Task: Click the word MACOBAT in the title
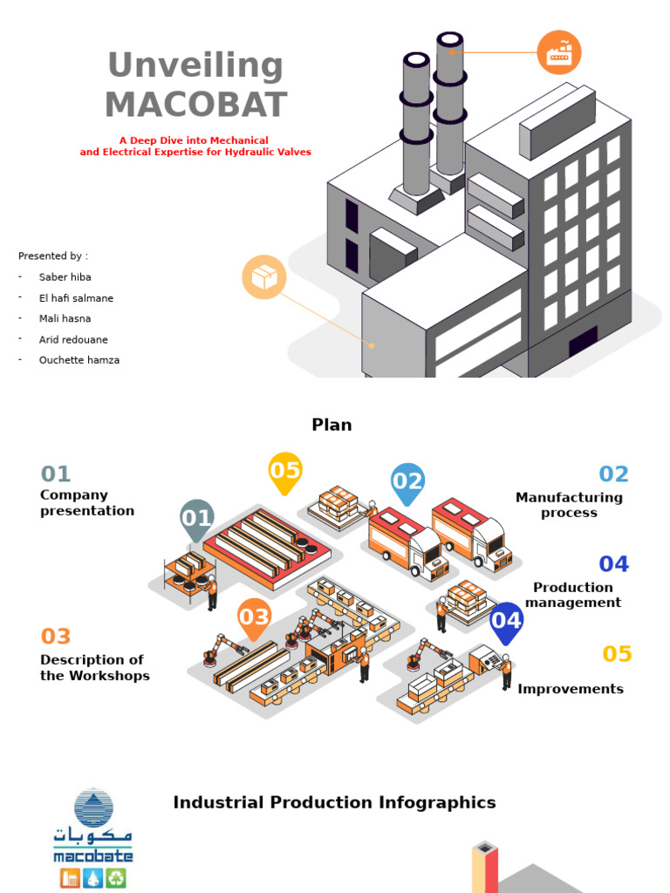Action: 196,105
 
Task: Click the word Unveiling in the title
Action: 195,65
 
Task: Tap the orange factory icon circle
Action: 559,52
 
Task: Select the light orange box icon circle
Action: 264,277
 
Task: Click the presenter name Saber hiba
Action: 65,277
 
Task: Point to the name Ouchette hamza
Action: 79,360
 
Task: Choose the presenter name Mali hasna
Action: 65,318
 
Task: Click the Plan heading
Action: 332,425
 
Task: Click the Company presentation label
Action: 87,503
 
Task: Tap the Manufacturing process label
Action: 569,505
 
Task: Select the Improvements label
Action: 571,689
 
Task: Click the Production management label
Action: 573,595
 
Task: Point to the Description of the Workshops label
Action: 95,667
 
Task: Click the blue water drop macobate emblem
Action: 94,808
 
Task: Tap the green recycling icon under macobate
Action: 116,877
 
